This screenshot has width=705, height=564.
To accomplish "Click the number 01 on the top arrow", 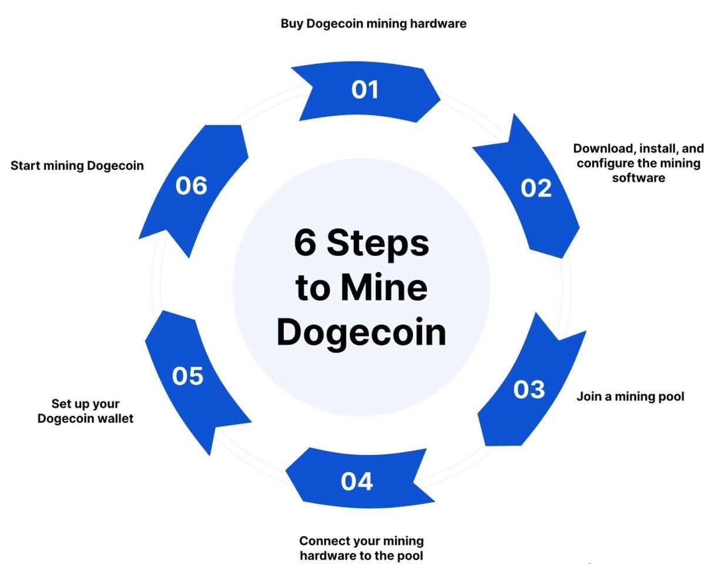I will (x=365, y=90).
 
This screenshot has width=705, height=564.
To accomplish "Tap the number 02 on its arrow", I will (x=536, y=188).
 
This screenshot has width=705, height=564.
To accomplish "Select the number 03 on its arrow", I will (x=529, y=390).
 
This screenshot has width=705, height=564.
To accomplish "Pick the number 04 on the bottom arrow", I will (x=357, y=481).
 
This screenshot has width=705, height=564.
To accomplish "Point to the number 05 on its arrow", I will (x=187, y=376).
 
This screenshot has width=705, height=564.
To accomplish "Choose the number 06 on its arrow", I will (x=192, y=186).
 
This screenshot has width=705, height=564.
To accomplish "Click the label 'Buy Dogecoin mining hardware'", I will (x=374, y=24).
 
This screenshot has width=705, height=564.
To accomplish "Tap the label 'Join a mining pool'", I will (x=630, y=397).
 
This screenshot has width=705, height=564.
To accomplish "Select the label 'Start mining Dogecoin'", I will (x=77, y=166).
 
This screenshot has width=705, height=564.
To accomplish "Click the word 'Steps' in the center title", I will (x=378, y=243).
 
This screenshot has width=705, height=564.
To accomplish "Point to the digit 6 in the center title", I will (x=305, y=243).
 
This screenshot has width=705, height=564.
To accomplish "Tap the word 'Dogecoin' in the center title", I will (x=361, y=333).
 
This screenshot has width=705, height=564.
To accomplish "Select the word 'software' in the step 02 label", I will (x=639, y=178).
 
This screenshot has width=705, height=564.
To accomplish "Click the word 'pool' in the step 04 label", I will (x=410, y=556).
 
